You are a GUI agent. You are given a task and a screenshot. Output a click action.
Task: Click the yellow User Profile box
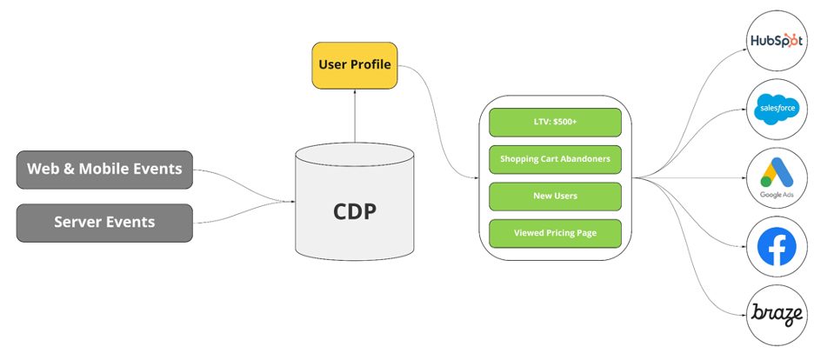coord(355,65)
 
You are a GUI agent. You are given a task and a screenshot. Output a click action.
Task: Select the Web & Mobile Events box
coord(104,169)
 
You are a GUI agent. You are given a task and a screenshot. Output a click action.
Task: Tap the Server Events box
coord(104,222)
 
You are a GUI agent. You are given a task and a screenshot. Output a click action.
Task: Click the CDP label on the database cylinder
coord(355,211)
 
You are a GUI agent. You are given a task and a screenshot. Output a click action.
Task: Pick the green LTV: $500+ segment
coord(555,123)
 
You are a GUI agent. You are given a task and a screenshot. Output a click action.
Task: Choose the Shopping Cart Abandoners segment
coord(555,159)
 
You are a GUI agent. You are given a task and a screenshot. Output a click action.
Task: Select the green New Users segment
coord(555,196)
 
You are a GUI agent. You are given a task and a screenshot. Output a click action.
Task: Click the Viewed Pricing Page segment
coord(555,233)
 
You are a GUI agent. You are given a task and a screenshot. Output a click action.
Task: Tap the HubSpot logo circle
coord(777,41)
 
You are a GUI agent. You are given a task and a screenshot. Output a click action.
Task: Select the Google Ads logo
coord(777,174)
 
